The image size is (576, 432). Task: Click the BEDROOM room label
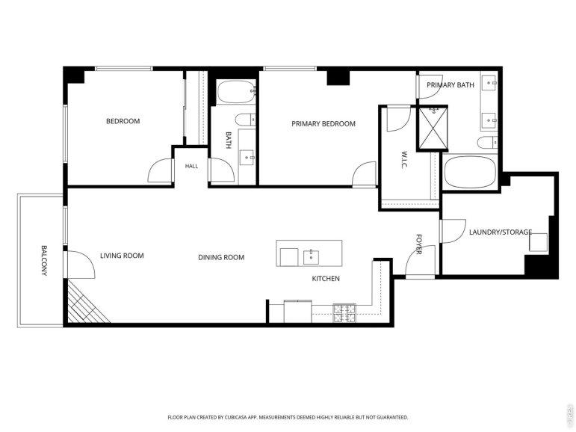point(123,121)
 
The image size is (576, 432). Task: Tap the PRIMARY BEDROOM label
point(323,123)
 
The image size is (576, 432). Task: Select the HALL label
point(191,166)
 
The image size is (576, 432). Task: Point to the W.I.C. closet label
point(404,159)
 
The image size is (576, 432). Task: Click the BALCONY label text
point(44,260)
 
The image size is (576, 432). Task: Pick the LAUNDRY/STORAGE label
point(501,232)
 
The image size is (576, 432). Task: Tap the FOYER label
point(419,244)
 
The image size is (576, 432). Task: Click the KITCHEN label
point(326,278)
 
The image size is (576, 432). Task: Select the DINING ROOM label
point(221,257)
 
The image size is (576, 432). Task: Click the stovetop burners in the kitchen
point(344,313)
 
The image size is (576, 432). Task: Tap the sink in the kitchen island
point(311,257)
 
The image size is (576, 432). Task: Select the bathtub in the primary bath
point(469,173)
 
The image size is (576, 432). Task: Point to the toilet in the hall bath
point(245,120)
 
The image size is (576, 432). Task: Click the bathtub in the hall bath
point(235,92)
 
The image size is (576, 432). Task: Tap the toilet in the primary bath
point(487,143)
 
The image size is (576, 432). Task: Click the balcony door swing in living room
point(79,265)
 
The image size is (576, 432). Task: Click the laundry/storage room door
point(453,231)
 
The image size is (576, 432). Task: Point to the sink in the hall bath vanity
point(247,158)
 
